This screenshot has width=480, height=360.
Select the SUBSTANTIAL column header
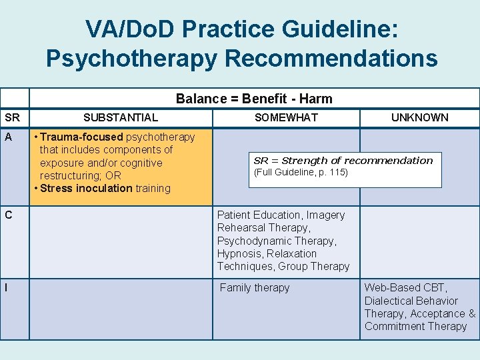coord(121,117)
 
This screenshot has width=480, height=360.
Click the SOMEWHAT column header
coord(286,117)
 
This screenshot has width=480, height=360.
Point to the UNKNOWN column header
coord(419,117)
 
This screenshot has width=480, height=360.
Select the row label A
coord(9,137)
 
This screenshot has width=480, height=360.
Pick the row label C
coord(9,215)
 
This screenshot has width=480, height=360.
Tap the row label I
coord(7,288)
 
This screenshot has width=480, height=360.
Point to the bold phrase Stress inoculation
coord(86,188)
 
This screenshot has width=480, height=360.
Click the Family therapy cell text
coord(255,288)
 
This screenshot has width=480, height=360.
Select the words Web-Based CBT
coord(405,288)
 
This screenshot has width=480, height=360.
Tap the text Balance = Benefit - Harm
coord(253,99)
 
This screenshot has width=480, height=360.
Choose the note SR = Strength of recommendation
coord(343,161)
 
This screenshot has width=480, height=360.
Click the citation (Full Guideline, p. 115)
coord(301,173)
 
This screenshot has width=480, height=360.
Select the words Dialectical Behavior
coord(411,301)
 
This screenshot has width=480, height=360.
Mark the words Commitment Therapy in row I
coord(415,326)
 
